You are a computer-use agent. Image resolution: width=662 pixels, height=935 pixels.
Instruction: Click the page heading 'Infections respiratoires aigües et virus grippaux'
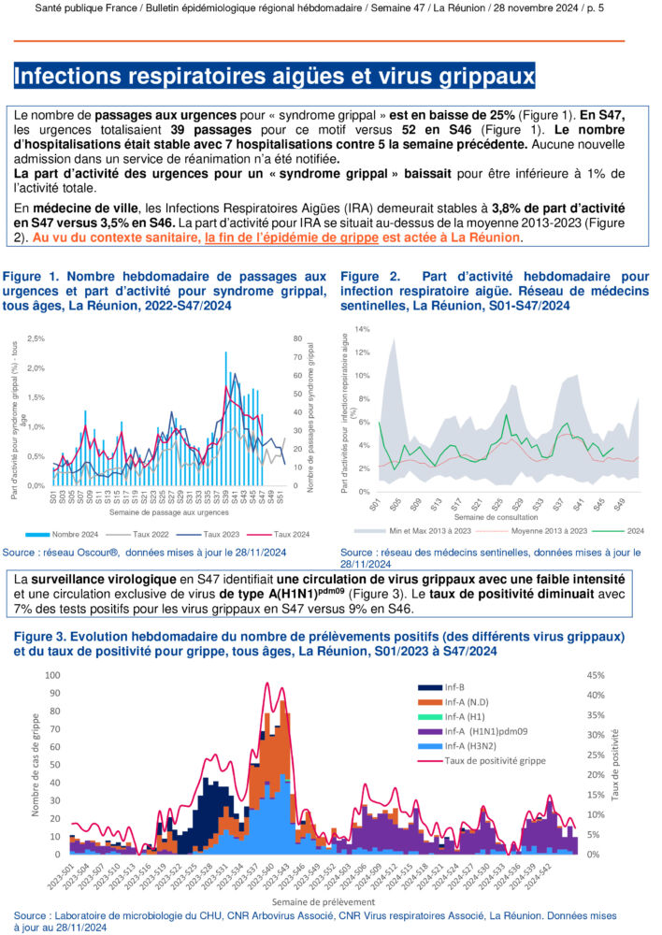pyautogui.click(x=275, y=76)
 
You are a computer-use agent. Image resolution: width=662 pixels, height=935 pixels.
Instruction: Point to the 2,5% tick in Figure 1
pyautogui.click(x=36, y=338)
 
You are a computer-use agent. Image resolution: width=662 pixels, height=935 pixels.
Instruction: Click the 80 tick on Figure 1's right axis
pyautogui.click(x=296, y=338)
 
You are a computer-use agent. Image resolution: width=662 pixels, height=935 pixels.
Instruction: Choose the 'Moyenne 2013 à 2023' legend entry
pyautogui.click(x=530, y=530)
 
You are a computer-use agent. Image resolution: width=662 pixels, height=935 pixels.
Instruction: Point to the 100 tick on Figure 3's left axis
pyautogui.click(x=53, y=675)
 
